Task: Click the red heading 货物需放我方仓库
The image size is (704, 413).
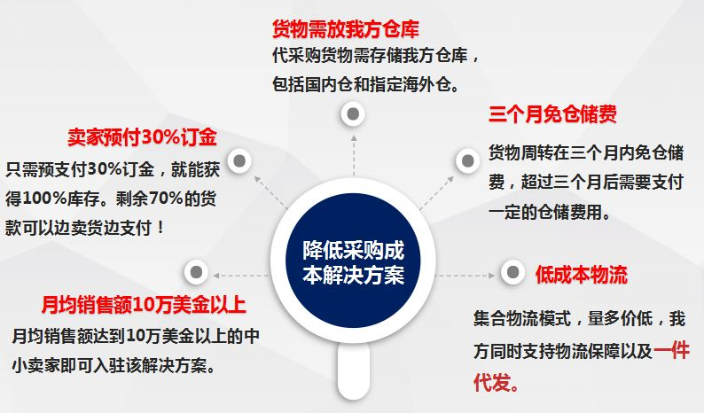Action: (345, 28)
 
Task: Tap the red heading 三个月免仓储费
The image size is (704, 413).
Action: (552, 114)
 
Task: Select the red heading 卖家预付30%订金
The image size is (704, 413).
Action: (143, 136)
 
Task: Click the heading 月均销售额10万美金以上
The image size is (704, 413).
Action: (144, 304)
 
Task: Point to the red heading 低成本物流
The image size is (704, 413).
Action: (581, 274)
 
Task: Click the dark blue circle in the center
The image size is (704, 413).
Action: (353, 261)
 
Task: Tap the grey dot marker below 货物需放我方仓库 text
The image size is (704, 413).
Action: (353, 114)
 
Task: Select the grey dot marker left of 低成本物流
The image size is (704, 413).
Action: (512, 271)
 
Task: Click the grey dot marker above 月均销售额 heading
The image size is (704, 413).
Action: (196, 271)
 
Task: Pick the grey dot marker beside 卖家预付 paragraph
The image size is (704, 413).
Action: (239, 160)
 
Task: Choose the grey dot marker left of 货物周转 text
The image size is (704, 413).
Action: (468, 160)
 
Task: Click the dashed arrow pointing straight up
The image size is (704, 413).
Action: (354, 155)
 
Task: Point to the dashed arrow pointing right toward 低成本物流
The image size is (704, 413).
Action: (465, 275)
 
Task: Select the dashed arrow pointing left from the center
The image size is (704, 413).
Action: (241, 275)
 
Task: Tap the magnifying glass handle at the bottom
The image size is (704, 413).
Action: (354, 370)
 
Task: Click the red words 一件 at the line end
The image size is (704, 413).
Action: (672, 351)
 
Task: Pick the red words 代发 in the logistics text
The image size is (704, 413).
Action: (490, 383)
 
